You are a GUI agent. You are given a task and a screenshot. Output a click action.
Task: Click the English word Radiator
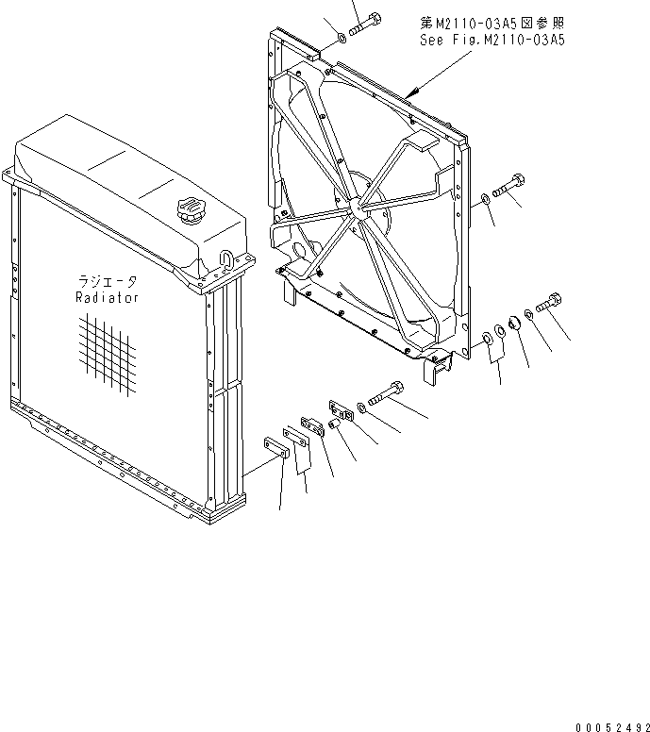point(107,298)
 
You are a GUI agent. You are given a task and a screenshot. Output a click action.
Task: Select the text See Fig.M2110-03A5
point(491,41)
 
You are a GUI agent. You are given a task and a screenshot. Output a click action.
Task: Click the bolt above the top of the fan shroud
point(364,25)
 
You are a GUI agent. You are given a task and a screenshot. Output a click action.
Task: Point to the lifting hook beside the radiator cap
point(226,256)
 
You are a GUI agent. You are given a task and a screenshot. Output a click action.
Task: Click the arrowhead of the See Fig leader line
point(413,93)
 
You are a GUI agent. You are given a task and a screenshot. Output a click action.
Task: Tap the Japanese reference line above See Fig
point(491,21)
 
